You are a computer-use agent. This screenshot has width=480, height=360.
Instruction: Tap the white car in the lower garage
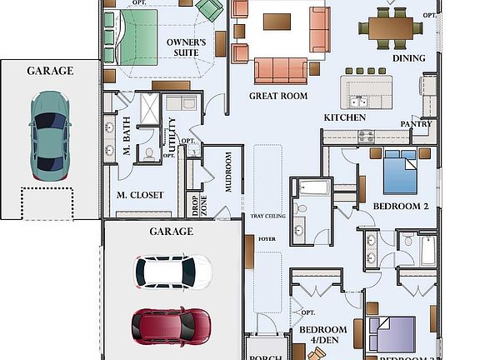tap(173, 270)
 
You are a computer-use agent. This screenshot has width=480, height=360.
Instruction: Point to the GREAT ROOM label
tap(278, 96)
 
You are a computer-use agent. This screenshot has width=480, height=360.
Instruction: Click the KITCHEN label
tap(344, 118)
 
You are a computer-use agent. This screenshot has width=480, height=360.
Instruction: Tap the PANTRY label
tap(416, 124)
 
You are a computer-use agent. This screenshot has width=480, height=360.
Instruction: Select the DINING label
tap(408, 58)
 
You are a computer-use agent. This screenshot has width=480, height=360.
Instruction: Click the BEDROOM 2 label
tap(400, 206)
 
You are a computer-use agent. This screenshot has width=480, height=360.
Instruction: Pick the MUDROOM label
tap(228, 172)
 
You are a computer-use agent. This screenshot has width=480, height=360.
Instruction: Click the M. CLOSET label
tap(139, 196)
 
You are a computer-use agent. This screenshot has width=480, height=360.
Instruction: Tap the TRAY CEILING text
tap(268, 217)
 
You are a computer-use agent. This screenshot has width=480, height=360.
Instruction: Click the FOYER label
tap(267, 237)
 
